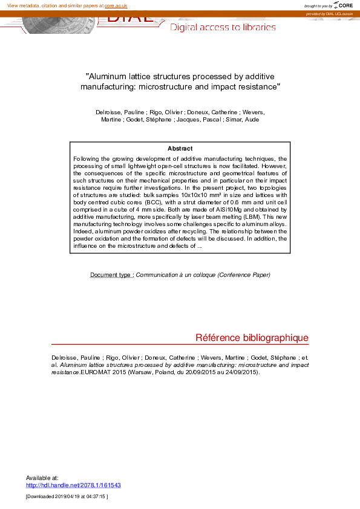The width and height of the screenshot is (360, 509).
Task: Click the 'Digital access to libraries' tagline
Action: coord(223,27)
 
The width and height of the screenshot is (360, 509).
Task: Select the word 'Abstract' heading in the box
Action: coord(180,149)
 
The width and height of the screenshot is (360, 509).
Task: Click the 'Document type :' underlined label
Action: coord(112,275)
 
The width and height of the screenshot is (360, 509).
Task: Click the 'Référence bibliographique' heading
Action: coord(252,338)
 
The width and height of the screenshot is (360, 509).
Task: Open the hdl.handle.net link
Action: coord(73,485)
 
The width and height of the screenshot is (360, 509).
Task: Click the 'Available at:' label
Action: coord(42,478)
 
